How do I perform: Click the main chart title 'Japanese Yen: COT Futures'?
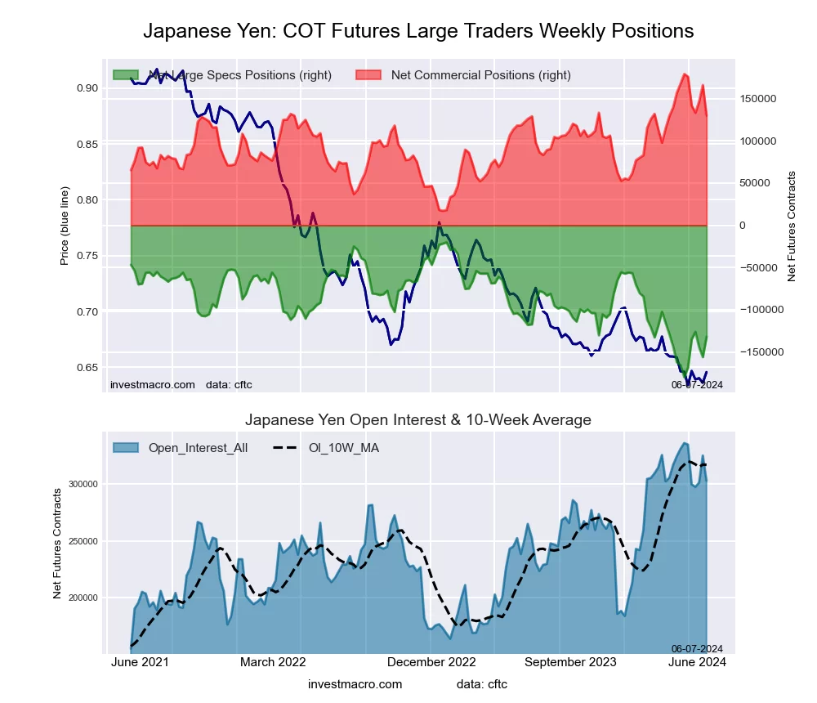tap(418, 31)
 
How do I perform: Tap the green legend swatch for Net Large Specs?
tap(127, 75)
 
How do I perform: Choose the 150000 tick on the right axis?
tap(757, 99)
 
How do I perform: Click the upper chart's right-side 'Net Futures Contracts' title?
tap(791, 226)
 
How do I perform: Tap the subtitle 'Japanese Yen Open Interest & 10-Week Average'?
tap(418, 420)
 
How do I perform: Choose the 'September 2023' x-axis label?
tap(569, 662)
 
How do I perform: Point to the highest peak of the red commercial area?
tap(683, 74)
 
